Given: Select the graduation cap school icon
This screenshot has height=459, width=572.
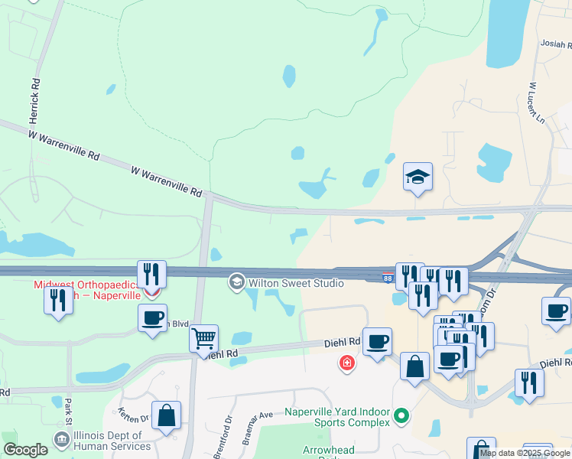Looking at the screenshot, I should pyautogui.click(x=418, y=177).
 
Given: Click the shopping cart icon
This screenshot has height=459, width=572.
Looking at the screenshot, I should pyautogui.click(x=203, y=338).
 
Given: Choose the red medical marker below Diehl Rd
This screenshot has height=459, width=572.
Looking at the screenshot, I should pyautogui.click(x=347, y=363).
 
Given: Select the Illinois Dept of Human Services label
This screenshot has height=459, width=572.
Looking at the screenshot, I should pyautogui.click(x=112, y=441).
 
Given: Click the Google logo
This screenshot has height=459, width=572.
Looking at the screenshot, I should pyautogui.click(x=25, y=450).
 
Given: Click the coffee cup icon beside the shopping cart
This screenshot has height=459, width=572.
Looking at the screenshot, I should pyautogui.click(x=152, y=317).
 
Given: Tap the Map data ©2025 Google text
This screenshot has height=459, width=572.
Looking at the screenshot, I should pyautogui.click(x=524, y=453).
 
